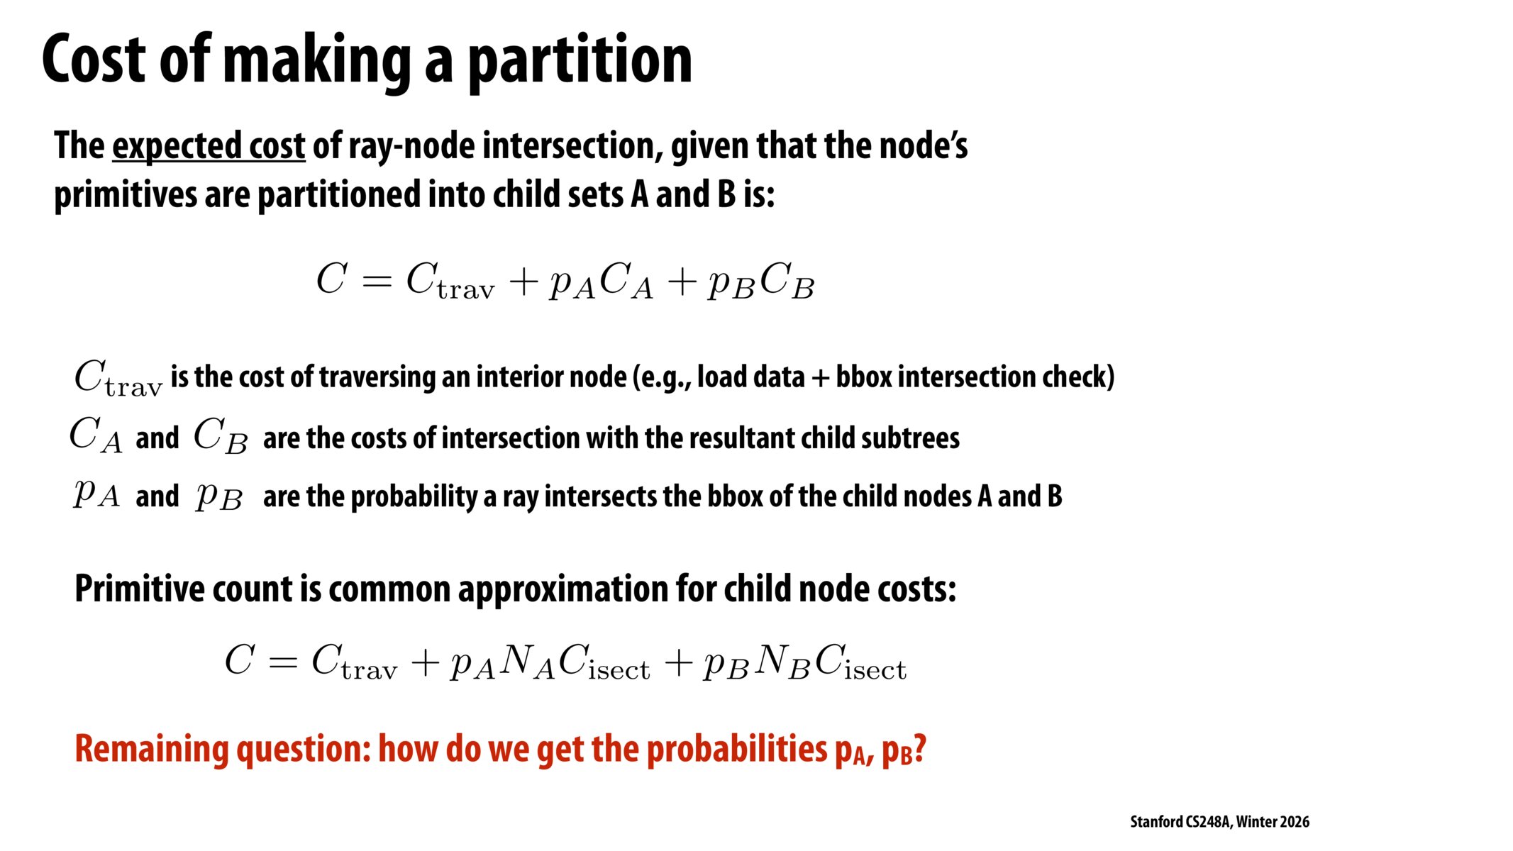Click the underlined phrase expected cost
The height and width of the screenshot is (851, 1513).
(x=209, y=146)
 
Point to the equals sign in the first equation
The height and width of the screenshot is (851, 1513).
(x=377, y=281)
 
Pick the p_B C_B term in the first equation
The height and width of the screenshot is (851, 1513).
(x=760, y=282)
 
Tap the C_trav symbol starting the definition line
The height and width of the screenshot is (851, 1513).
(x=118, y=378)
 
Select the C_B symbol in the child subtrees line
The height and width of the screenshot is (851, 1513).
(x=221, y=435)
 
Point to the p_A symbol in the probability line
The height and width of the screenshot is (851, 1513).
(x=96, y=494)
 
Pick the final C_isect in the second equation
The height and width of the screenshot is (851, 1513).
(x=860, y=663)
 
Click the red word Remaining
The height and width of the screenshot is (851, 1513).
(x=152, y=750)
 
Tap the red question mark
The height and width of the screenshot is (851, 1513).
(x=919, y=748)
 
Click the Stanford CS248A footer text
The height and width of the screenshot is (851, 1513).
(x=1219, y=822)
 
